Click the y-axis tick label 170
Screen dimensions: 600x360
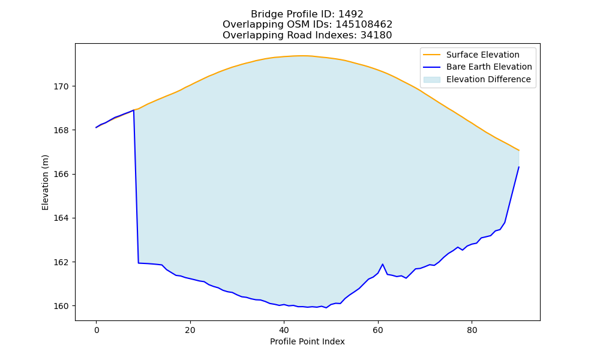tap(61, 86)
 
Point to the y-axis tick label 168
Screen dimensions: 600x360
tap(61, 130)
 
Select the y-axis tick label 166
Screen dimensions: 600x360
tap(61, 174)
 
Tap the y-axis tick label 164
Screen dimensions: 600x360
tap(61, 218)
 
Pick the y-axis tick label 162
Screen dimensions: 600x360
tap(61, 262)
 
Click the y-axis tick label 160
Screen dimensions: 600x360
tap(61, 306)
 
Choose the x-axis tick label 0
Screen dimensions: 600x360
tap(97, 330)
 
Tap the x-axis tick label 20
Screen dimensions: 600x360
tap(190, 330)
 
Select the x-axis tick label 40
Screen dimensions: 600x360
tap(284, 330)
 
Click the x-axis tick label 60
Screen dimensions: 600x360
tap(378, 330)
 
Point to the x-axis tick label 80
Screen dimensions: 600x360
tap(472, 330)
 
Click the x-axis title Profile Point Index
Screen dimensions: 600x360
tap(307, 341)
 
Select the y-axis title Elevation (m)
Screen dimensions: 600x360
tap(45, 182)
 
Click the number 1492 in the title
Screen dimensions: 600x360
tap(350, 14)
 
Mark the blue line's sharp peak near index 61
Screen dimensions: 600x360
tap(382, 264)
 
